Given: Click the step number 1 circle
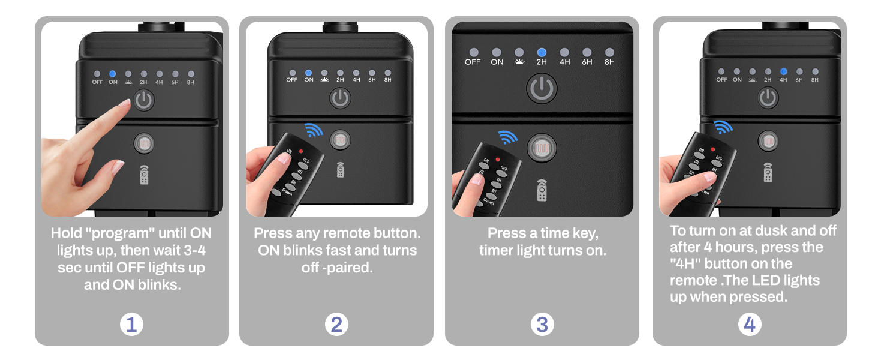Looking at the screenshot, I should coord(131,325).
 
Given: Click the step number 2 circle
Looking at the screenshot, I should coord(336,325).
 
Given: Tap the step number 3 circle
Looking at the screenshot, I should coord(542,325).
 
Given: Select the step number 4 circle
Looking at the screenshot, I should coord(749,325).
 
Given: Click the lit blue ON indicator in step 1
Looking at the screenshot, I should coord(113,74).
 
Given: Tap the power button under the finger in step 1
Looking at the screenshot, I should coord(143,100).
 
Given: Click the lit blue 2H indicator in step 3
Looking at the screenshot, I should coord(542,53).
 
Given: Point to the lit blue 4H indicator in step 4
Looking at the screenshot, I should coord(783,72).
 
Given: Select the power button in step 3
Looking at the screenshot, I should coord(542,88).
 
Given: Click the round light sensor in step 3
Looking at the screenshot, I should coord(542,147).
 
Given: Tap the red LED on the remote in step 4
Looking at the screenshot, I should coord(713,149).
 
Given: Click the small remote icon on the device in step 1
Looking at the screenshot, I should coord(144,175).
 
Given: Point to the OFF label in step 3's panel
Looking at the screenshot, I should coord(473,62).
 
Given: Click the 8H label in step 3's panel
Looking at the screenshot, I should coord(609,62).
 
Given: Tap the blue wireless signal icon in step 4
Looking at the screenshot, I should coord(723,127).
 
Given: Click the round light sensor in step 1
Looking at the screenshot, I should coord(143,144).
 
